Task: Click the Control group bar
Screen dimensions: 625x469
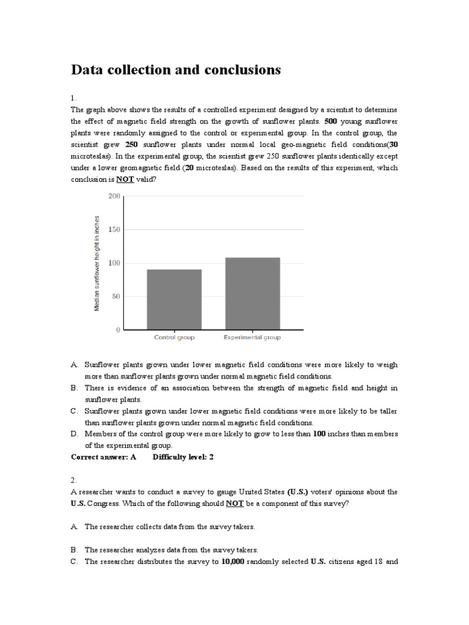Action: (x=174, y=299)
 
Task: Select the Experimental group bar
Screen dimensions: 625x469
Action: (x=252, y=294)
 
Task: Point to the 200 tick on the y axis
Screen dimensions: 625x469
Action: (x=114, y=196)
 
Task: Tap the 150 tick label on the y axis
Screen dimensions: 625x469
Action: (x=114, y=229)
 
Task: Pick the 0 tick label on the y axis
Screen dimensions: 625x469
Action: (x=118, y=330)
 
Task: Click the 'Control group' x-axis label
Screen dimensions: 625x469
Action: (x=174, y=338)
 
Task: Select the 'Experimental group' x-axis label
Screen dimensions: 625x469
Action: (x=252, y=338)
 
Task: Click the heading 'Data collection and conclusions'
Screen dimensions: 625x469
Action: (x=176, y=70)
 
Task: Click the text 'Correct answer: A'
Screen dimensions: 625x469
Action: (x=104, y=457)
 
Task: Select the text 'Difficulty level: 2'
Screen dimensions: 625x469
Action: (x=183, y=457)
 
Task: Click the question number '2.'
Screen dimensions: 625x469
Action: (x=74, y=480)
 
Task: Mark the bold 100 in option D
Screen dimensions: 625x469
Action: (x=319, y=433)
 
